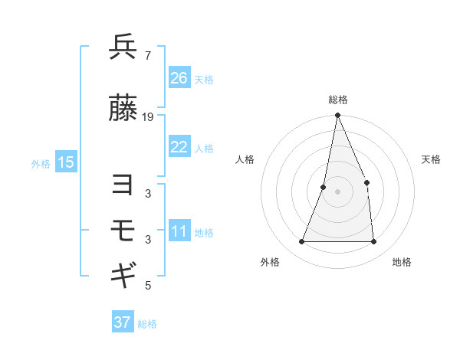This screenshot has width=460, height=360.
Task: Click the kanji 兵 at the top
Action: pyautogui.click(x=123, y=47)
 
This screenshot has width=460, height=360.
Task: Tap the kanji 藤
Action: pyautogui.click(x=123, y=110)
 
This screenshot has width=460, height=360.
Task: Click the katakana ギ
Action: pyautogui.click(x=123, y=274)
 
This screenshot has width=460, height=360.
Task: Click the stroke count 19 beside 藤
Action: pyautogui.click(x=148, y=117)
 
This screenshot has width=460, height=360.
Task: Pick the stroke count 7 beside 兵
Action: pyautogui.click(x=147, y=55)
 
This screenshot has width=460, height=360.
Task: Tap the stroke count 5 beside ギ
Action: pyautogui.click(x=147, y=286)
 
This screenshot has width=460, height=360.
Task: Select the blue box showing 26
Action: pyautogui.click(x=179, y=78)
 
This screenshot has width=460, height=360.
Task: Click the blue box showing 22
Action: pyautogui.click(x=179, y=147)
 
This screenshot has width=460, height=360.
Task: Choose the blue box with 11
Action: pyautogui.click(x=179, y=231)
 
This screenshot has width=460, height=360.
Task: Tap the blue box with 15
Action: pyautogui.click(x=66, y=162)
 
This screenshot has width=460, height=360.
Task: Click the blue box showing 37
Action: pyautogui.click(x=123, y=322)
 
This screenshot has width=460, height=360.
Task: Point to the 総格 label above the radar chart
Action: pyautogui.click(x=338, y=100)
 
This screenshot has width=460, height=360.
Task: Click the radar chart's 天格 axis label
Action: pyautogui.click(x=432, y=159)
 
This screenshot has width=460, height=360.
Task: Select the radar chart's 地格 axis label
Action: pyautogui.click(x=402, y=262)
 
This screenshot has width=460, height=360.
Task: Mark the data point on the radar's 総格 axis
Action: pyautogui.click(x=338, y=116)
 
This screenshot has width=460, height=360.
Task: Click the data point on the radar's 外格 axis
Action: pyautogui.click(x=302, y=242)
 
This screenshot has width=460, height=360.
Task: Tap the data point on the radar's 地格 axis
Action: pyautogui.click(x=374, y=242)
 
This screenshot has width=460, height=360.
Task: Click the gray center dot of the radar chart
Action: pyautogui.click(x=338, y=191)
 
